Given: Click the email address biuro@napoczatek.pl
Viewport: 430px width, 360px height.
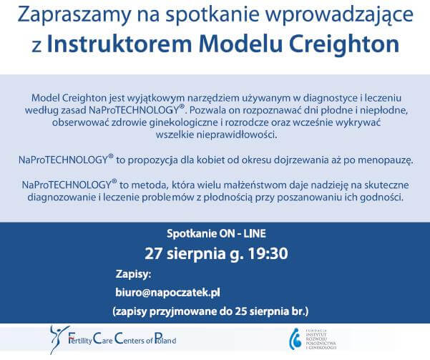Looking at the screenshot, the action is [167, 293].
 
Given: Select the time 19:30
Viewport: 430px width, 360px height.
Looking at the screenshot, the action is [268, 253].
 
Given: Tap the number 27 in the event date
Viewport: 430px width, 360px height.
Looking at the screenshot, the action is [154, 253].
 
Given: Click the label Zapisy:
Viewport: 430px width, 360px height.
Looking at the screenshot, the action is [133, 274].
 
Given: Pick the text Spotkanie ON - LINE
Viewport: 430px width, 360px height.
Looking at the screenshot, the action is [216, 234].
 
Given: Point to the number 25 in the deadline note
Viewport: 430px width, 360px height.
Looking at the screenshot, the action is [241, 311].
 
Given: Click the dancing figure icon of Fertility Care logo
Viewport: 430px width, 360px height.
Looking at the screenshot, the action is [59, 339].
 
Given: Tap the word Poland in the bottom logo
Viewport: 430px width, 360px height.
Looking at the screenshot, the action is [165, 340].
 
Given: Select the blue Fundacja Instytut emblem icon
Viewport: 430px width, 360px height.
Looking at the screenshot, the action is [295, 339].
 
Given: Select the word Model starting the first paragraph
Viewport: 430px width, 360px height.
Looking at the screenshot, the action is [45, 97].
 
